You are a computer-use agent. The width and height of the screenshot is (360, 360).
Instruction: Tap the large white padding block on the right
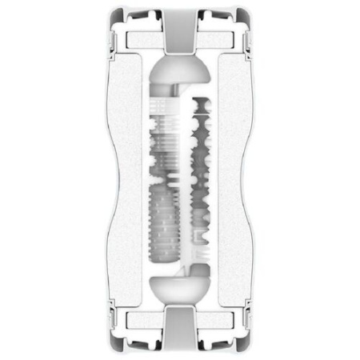tap(232, 180)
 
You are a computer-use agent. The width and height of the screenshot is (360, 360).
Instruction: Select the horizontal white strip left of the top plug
tap(144, 38)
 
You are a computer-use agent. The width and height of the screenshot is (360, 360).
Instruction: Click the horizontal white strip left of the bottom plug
tap(144, 322)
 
